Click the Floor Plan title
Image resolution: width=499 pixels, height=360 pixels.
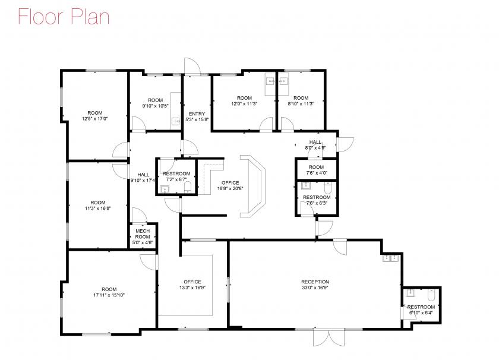[x=64, y=17]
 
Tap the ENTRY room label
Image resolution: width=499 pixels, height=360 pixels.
[x=197, y=114]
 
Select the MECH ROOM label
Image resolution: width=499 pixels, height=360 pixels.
[x=143, y=234]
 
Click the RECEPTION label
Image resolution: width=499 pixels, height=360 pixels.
[x=315, y=282]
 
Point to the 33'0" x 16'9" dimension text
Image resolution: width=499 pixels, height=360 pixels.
[x=315, y=288]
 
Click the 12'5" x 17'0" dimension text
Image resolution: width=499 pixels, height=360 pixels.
[x=95, y=119]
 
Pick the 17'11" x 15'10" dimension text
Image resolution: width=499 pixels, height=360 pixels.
[x=109, y=295]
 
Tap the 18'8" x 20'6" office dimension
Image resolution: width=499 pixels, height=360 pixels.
[x=230, y=188]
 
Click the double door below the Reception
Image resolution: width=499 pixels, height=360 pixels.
[x=329, y=337]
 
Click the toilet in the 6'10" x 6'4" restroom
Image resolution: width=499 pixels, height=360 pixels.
[x=431, y=295]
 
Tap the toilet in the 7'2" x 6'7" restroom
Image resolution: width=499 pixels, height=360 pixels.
[x=188, y=187]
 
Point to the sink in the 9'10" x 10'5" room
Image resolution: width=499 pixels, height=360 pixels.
[x=176, y=122]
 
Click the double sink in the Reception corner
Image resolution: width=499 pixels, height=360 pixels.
[x=390, y=258]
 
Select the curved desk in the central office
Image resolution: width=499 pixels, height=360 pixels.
[x=252, y=186]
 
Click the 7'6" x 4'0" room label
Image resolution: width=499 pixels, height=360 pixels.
[x=316, y=170]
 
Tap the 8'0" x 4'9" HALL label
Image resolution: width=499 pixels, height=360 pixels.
[x=315, y=145]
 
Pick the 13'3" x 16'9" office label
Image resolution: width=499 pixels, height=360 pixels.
[x=192, y=285]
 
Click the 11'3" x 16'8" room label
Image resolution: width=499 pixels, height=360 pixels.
[x=97, y=206]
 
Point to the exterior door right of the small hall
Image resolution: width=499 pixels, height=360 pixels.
[x=346, y=145]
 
